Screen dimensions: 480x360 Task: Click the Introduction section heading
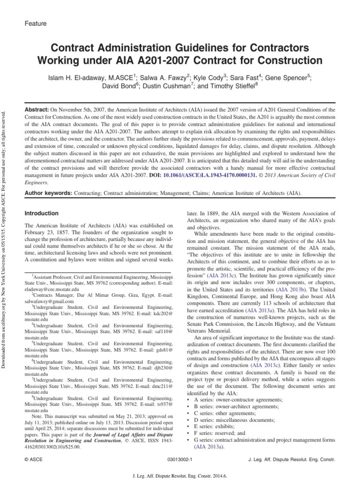pyautogui.click(x=41, y=213)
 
